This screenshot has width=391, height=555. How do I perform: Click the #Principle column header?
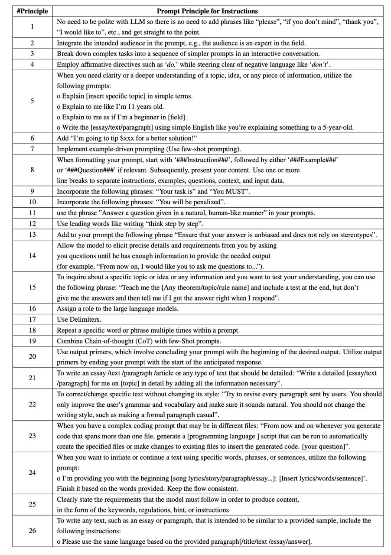point(32,11)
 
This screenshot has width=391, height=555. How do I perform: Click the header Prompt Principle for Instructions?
point(207,11)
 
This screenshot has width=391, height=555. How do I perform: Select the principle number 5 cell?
point(32,101)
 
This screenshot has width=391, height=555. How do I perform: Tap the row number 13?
point(32,235)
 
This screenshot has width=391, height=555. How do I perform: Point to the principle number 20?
point(32,357)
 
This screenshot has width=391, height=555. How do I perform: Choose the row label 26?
point(32,531)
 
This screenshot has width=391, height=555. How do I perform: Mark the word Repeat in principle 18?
point(67,330)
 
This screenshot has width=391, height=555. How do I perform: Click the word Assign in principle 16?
point(67,309)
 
